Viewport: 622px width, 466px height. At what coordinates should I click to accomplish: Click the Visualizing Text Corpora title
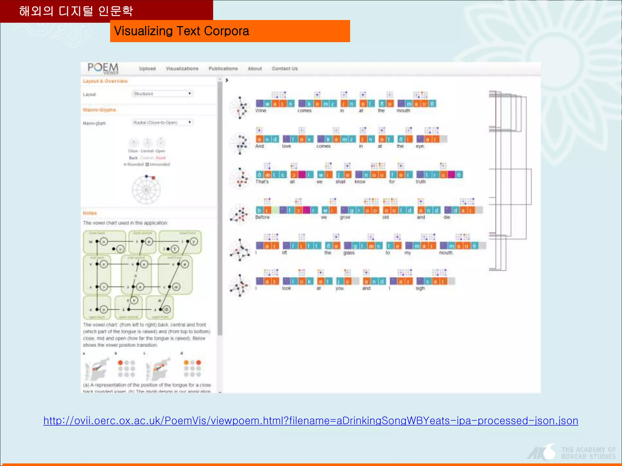[x=181, y=31]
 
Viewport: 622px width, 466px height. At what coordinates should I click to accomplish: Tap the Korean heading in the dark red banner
[x=76, y=11]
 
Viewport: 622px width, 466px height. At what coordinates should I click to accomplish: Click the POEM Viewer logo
[x=103, y=68]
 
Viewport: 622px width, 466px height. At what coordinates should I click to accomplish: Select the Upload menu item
[x=147, y=69]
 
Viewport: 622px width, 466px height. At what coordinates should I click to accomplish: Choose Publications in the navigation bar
[x=223, y=69]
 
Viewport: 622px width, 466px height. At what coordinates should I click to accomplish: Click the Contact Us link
[x=285, y=69]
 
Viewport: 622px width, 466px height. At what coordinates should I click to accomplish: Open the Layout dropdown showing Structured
[x=162, y=94]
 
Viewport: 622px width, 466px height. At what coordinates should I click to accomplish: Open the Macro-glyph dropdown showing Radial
[x=162, y=123]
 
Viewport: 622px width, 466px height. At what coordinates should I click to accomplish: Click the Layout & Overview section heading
[x=105, y=81]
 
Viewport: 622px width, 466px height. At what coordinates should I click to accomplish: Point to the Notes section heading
[x=90, y=213]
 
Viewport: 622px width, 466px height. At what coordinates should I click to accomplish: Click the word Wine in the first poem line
[x=261, y=111]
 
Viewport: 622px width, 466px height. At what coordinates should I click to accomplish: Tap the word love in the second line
[x=286, y=146]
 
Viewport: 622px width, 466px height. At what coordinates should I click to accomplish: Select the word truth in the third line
[x=421, y=182]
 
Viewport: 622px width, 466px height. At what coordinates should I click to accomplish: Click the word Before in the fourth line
[x=262, y=217]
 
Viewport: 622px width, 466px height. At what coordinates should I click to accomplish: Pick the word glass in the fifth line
[x=349, y=253]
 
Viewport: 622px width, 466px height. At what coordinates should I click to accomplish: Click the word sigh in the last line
[x=420, y=288]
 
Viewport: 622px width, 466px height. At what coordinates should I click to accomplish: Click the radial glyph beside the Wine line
[x=240, y=108]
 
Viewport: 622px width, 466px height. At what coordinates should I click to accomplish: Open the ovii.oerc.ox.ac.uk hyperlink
[x=311, y=421]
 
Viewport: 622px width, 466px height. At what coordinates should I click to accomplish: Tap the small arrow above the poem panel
[x=227, y=80]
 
